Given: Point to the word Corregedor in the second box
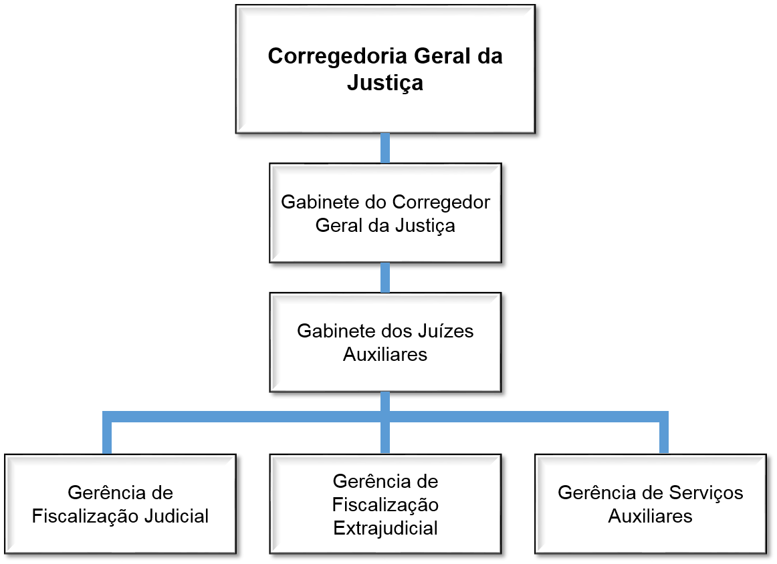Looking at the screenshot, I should [x=441, y=202].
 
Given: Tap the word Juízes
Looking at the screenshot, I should [x=444, y=331].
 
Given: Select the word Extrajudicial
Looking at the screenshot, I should [x=385, y=528].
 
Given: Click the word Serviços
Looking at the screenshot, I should [x=705, y=492].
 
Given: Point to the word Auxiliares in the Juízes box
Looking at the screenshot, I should [x=385, y=354].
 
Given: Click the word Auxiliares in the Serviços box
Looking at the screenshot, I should [x=650, y=516].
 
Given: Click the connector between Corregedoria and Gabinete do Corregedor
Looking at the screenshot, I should [x=385, y=148].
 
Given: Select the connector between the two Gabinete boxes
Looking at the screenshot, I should [x=385, y=277].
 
